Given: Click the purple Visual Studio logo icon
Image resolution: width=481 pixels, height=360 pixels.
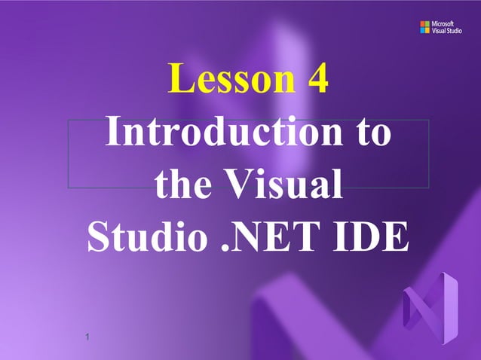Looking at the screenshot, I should point(430,308).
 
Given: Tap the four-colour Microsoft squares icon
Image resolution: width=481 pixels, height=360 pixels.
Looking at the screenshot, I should point(424,28).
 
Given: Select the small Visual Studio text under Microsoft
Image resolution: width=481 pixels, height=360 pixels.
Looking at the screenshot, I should point(447,32).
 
